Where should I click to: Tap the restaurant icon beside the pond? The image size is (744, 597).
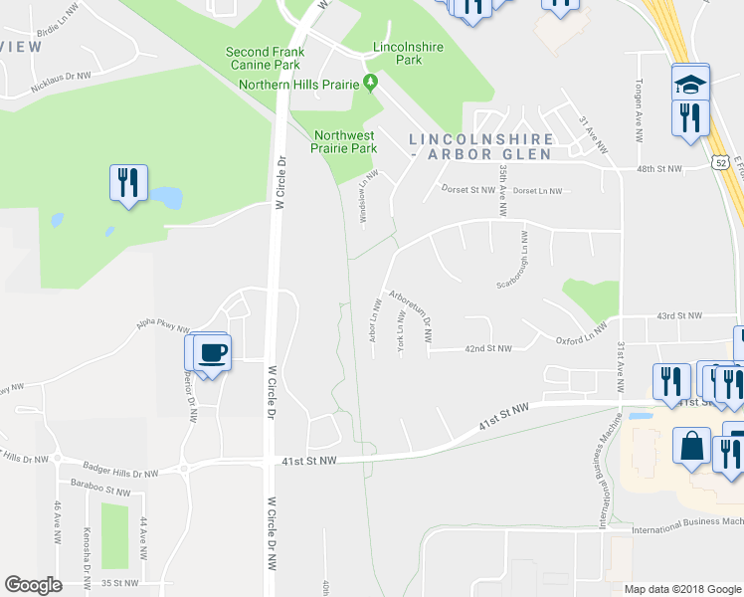pos(128,183)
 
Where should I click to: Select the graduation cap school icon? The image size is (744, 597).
pos(689,83)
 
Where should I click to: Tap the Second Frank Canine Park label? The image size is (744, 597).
pos(263,59)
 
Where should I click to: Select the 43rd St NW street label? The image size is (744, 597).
pos(679,316)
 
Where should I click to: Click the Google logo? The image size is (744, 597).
pos(33,585)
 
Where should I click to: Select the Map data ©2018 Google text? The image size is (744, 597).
pos(681,589)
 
